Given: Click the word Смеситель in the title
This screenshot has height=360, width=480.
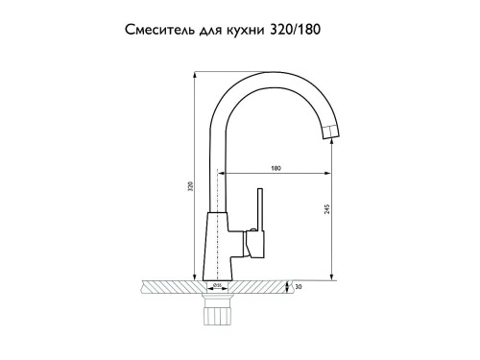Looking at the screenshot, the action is [159, 30].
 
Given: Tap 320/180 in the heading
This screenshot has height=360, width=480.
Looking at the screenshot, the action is [296, 30].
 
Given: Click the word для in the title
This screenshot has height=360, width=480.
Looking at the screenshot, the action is [211, 31].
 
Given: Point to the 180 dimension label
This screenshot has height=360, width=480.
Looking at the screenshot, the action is [276, 168].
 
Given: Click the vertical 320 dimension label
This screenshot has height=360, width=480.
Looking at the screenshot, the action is [191, 186].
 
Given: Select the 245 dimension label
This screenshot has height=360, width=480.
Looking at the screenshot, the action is [326, 209].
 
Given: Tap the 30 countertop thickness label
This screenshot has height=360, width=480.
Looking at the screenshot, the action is [299, 287].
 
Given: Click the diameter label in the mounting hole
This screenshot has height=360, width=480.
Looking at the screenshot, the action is [216, 285].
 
